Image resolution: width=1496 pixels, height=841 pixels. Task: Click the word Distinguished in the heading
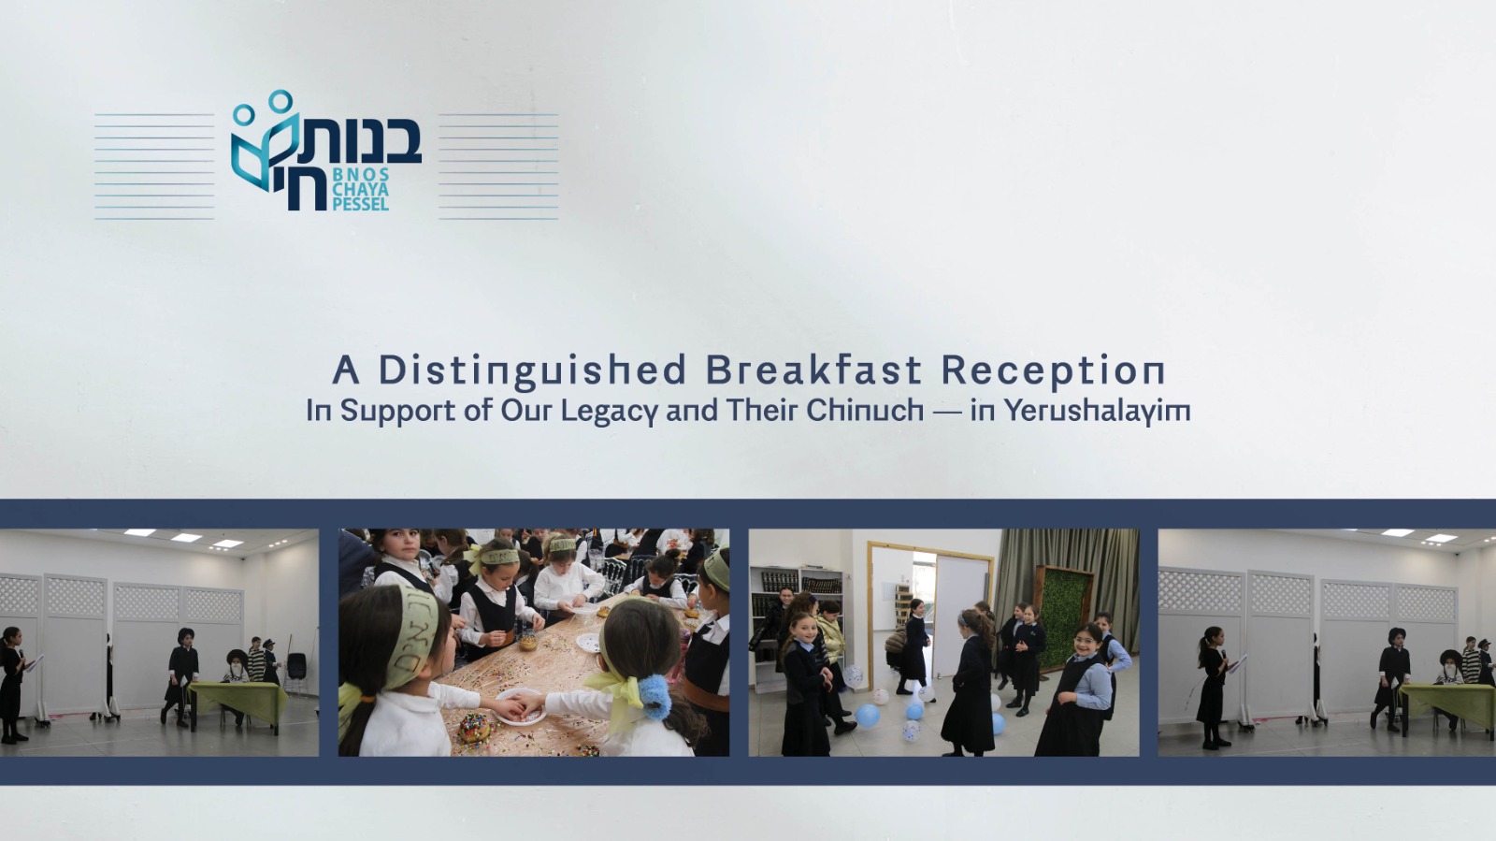pyautogui.click(x=532, y=370)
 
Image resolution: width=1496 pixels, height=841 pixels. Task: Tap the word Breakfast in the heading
pyautogui.click(x=813, y=370)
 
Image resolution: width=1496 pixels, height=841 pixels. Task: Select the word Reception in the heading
pyautogui.click(x=1053, y=370)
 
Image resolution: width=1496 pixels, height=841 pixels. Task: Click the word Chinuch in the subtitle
pyautogui.click(x=865, y=410)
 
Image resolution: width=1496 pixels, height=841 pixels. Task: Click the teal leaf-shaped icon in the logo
pyautogui.click(x=261, y=152)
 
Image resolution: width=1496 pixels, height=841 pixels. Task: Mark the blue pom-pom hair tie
pyautogui.click(x=654, y=697)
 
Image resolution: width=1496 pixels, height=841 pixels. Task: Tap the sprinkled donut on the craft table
pyautogui.click(x=474, y=728)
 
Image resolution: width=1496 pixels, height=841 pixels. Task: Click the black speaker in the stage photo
pyautogui.click(x=295, y=666)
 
